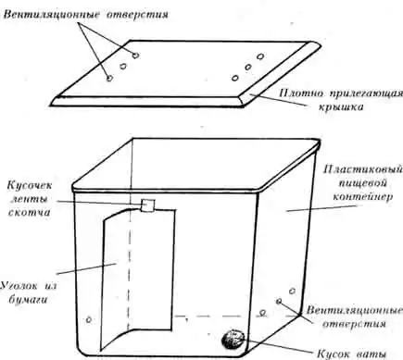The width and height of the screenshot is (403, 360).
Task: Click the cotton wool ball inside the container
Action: (x=233, y=340)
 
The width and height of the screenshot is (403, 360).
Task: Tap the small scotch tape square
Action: (x=148, y=205)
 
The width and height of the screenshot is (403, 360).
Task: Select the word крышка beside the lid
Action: (x=340, y=106)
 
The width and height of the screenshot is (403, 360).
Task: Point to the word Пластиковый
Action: (x=363, y=169)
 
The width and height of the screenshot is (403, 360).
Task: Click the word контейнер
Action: (x=363, y=196)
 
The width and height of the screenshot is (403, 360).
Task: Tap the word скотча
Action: (x=29, y=212)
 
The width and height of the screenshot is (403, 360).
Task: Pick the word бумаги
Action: (x=28, y=300)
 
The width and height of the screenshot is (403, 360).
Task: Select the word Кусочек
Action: (x=30, y=185)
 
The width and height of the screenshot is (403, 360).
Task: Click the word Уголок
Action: (x=19, y=285)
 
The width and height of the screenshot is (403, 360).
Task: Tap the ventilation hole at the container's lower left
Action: (x=89, y=320)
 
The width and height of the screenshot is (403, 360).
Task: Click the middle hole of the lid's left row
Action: (x=123, y=67)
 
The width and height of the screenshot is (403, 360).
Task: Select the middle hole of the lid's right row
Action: (x=247, y=67)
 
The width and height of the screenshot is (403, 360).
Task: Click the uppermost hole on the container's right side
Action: (x=292, y=291)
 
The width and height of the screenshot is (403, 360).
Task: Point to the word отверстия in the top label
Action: (x=137, y=15)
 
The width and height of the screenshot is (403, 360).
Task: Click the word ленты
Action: (x=30, y=199)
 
